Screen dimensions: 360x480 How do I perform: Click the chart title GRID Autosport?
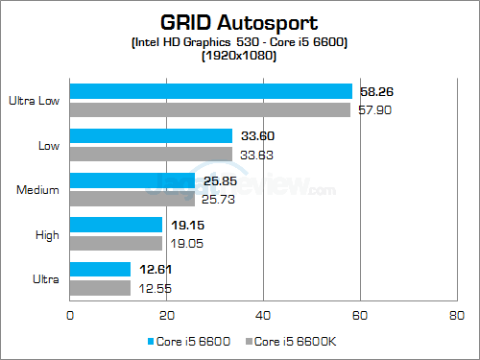point(239,20)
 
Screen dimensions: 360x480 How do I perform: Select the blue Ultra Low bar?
point(211,91)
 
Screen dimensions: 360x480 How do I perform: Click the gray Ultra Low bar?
point(210,109)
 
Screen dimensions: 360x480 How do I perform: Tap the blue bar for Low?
point(152,135)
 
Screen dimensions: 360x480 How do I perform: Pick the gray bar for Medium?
point(132,199)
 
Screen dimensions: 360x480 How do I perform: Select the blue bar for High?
point(116,225)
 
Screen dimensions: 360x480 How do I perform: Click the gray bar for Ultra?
point(101,288)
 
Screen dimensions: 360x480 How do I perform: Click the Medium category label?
point(39,189)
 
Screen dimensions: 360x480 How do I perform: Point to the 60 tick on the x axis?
point(360,314)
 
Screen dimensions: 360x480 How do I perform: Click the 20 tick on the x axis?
point(167,314)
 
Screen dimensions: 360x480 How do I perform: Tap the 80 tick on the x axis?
point(457,314)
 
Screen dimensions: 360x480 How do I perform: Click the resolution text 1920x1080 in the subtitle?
point(239,57)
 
